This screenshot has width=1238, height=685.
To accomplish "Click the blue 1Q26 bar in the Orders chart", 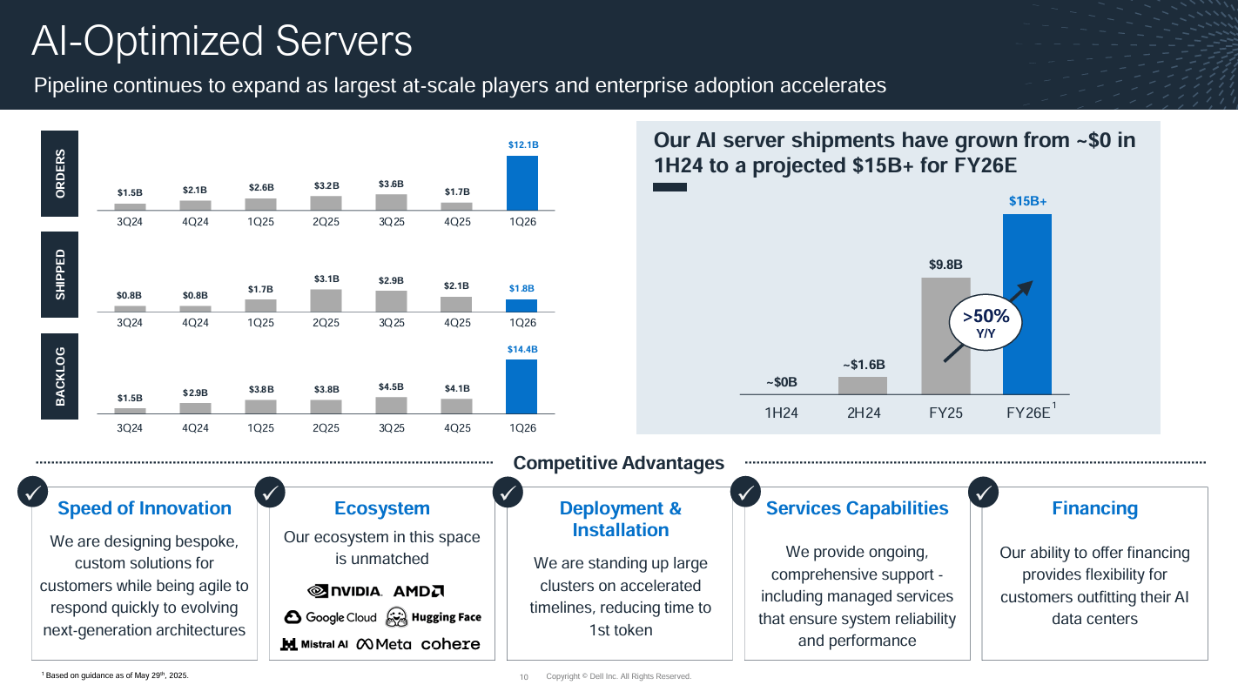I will click(x=522, y=183).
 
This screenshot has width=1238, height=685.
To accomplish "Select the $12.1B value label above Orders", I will click(x=522, y=144).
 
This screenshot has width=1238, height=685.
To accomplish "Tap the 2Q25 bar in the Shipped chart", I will click(x=326, y=300).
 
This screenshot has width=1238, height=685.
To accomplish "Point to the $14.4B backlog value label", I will click(x=522, y=349).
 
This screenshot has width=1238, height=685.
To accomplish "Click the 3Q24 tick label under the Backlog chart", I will click(x=130, y=428).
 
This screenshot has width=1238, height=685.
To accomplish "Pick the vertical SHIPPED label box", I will click(x=60, y=275).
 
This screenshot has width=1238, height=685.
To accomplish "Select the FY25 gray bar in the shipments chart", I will click(x=945, y=335).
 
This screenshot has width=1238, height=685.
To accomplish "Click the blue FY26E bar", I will click(x=1027, y=304).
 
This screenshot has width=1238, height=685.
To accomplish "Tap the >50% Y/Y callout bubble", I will click(x=986, y=322).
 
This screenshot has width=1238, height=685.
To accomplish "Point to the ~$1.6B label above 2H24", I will click(x=864, y=364).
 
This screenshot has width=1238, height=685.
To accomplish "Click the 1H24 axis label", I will click(x=781, y=413).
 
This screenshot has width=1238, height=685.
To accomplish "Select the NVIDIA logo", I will click(x=345, y=591).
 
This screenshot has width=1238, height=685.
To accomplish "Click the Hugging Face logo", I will click(x=434, y=617).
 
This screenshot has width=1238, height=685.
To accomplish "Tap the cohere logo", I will click(x=450, y=644).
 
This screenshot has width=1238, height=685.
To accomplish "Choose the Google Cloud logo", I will click(x=331, y=617).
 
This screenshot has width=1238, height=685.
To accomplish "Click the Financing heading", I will click(x=1094, y=508).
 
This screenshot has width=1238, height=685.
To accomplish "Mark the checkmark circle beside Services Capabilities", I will click(x=746, y=493).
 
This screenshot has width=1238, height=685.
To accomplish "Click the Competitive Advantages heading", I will click(x=618, y=463).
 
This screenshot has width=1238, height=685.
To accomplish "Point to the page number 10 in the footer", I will click(x=523, y=676).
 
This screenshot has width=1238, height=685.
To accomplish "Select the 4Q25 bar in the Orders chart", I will click(x=456, y=206).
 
